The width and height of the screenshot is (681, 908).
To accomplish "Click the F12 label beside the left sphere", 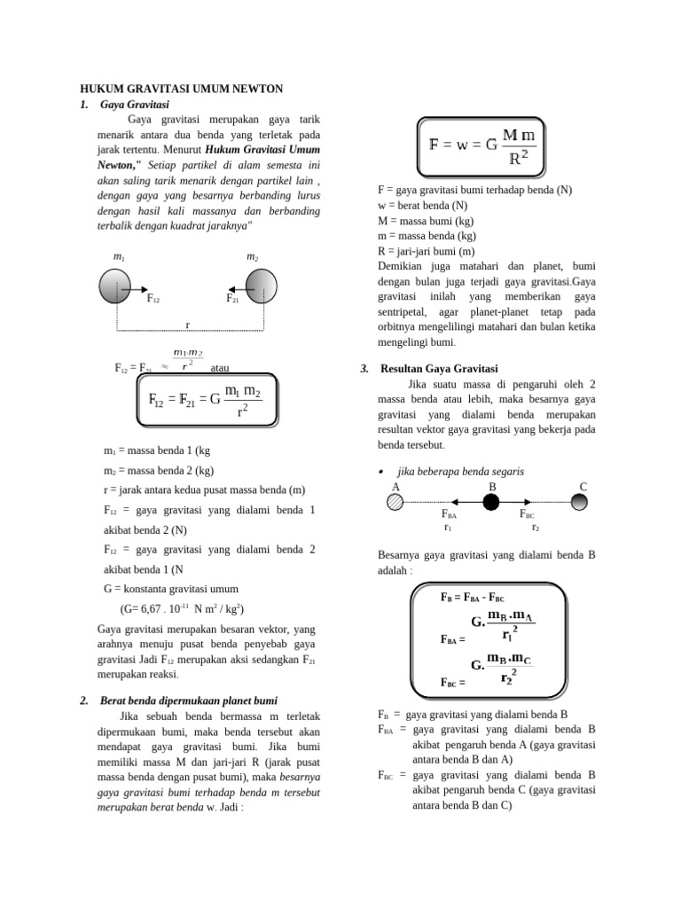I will (x=153, y=299).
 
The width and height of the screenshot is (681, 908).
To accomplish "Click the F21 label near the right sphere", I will (x=232, y=299).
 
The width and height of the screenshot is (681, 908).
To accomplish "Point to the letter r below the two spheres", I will (x=187, y=325).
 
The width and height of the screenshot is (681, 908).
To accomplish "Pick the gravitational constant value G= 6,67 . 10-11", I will (x=183, y=609).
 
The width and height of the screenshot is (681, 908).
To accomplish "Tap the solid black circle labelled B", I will (x=491, y=503).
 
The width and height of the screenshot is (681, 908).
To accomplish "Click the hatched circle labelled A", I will (x=395, y=503).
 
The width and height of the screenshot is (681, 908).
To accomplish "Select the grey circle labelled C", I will (x=579, y=503).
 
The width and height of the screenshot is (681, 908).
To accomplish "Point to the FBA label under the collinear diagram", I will (x=449, y=514).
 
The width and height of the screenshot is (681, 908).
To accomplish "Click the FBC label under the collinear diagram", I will (x=527, y=514).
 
